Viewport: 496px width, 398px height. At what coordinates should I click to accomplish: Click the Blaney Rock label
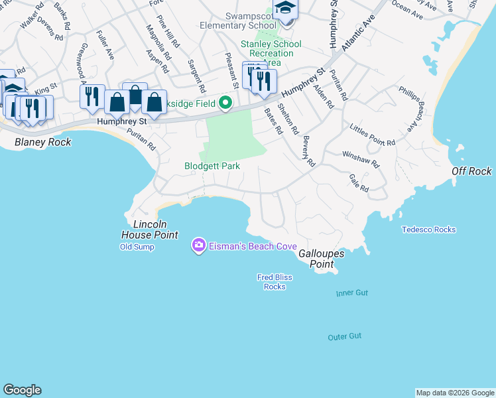(x=39, y=142)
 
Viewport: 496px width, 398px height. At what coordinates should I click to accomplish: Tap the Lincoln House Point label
(x=149, y=230)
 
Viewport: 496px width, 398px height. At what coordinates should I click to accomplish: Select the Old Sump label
(x=137, y=247)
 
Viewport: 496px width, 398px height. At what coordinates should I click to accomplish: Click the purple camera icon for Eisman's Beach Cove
(x=198, y=246)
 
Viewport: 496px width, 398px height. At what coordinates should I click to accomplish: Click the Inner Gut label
(x=351, y=293)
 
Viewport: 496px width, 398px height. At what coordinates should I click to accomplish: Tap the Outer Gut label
(x=345, y=337)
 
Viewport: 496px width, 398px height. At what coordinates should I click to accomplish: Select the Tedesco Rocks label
(x=428, y=230)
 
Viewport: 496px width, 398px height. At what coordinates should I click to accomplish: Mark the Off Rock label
(x=471, y=171)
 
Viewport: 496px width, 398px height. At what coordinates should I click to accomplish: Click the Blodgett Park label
(x=212, y=166)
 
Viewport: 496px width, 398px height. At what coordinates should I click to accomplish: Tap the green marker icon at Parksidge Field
(x=225, y=102)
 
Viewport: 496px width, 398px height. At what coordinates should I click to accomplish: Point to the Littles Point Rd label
(x=373, y=134)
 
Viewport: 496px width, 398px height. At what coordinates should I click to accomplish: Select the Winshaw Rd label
(x=361, y=159)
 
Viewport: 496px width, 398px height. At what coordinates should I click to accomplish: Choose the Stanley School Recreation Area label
(x=271, y=53)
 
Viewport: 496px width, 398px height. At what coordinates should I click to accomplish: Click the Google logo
(x=22, y=390)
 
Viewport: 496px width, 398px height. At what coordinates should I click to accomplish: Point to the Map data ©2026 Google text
(x=455, y=393)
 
